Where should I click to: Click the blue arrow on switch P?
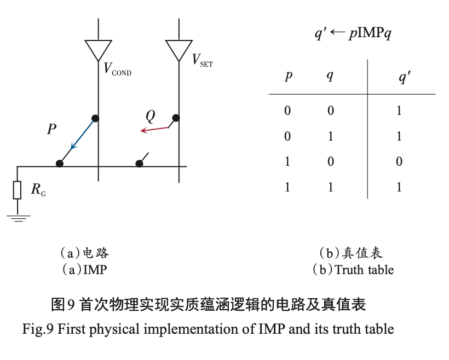(x=83, y=134)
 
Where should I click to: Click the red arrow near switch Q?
(x=154, y=129)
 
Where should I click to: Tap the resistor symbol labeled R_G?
(x=17, y=190)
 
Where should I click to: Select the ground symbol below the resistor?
(x=18, y=218)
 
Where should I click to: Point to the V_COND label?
(x=117, y=69)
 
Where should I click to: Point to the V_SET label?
(x=203, y=61)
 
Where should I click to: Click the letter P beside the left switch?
(x=52, y=129)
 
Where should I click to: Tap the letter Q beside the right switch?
(x=151, y=116)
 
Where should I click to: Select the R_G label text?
(x=38, y=190)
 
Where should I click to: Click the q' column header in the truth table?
(x=404, y=77)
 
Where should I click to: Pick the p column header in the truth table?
(x=289, y=76)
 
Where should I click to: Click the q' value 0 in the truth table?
(x=399, y=162)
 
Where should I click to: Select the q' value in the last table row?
(x=399, y=187)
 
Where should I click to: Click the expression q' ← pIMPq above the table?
(x=353, y=33)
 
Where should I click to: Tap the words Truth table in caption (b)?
(x=364, y=270)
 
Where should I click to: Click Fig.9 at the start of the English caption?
(x=38, y=329)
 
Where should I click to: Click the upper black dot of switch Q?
(x=176, y=118)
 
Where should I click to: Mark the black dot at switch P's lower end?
(x=59, y=164)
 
